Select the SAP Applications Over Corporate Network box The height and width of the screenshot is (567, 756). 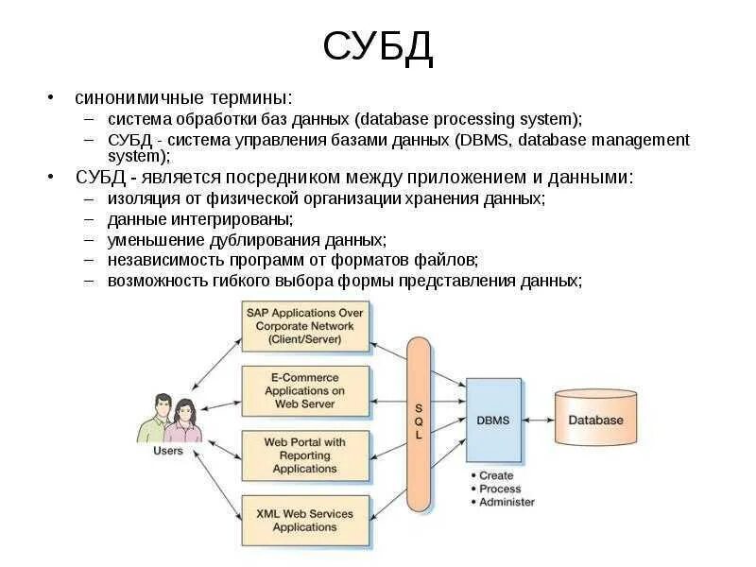304,325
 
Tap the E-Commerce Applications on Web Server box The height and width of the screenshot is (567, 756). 304,390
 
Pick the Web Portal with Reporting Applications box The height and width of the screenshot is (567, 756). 304,455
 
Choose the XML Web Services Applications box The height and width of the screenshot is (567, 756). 304,520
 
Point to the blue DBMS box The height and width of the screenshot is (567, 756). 493,420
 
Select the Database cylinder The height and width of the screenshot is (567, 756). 595,419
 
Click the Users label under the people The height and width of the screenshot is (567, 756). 168,452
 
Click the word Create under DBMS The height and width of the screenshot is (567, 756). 496,475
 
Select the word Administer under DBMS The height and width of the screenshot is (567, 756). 507,502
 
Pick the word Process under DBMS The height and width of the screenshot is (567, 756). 500,489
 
